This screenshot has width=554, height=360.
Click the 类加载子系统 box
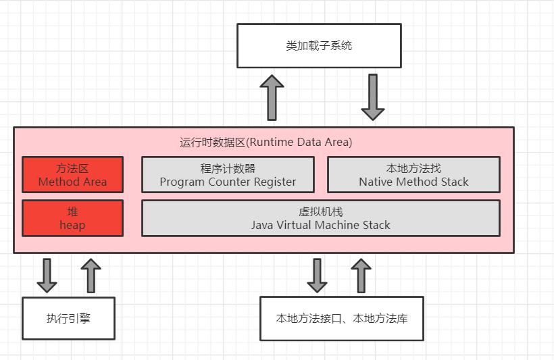(x=319, y=46)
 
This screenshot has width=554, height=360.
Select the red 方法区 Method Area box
(x=73, y=175)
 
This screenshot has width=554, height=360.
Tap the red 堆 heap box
(x=73, y=217)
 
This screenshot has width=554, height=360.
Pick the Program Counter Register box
(x=228, y=175)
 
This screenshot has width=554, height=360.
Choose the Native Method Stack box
(x=413, y=175)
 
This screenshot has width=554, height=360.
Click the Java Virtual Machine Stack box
(x=321, y=217)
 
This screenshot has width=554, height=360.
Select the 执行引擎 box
(x=68, y=317)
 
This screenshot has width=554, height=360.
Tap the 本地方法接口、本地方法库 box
(x=342, y=317)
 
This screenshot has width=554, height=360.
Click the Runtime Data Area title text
(x=266, y=143)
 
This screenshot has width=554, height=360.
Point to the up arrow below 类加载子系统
(x=272, y=97)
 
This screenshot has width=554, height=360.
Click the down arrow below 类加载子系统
(x=373, y=97)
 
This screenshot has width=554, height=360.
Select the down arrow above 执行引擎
(x=47, y=275)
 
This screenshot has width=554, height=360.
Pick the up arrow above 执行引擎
(x=90, y=275)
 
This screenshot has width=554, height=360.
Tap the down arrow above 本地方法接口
(x=318, y=275)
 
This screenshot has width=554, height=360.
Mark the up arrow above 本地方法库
(x=361, y=275)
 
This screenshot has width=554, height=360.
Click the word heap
(x=72, y=225)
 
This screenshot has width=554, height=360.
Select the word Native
(x=377, y=182)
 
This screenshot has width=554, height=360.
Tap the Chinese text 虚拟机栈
(x=321, y=211)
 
